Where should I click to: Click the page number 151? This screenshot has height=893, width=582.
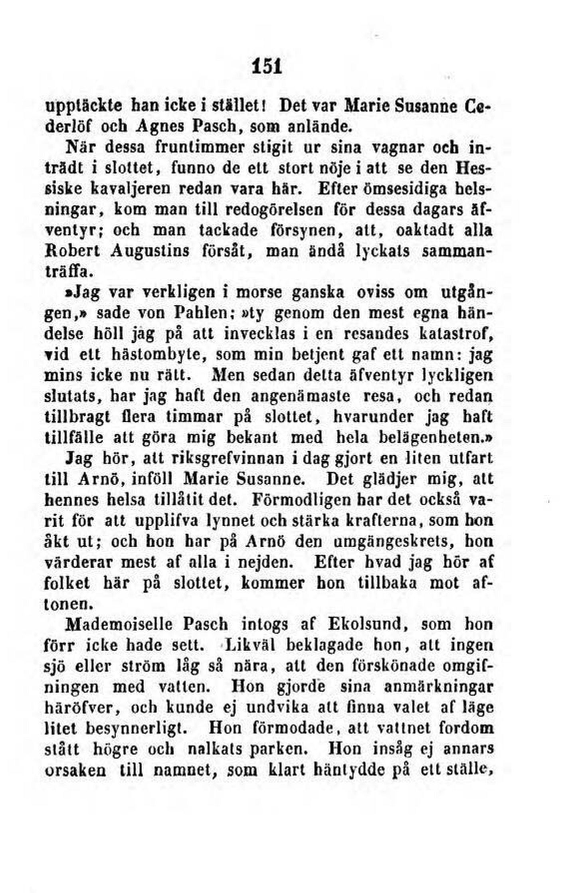267,67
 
